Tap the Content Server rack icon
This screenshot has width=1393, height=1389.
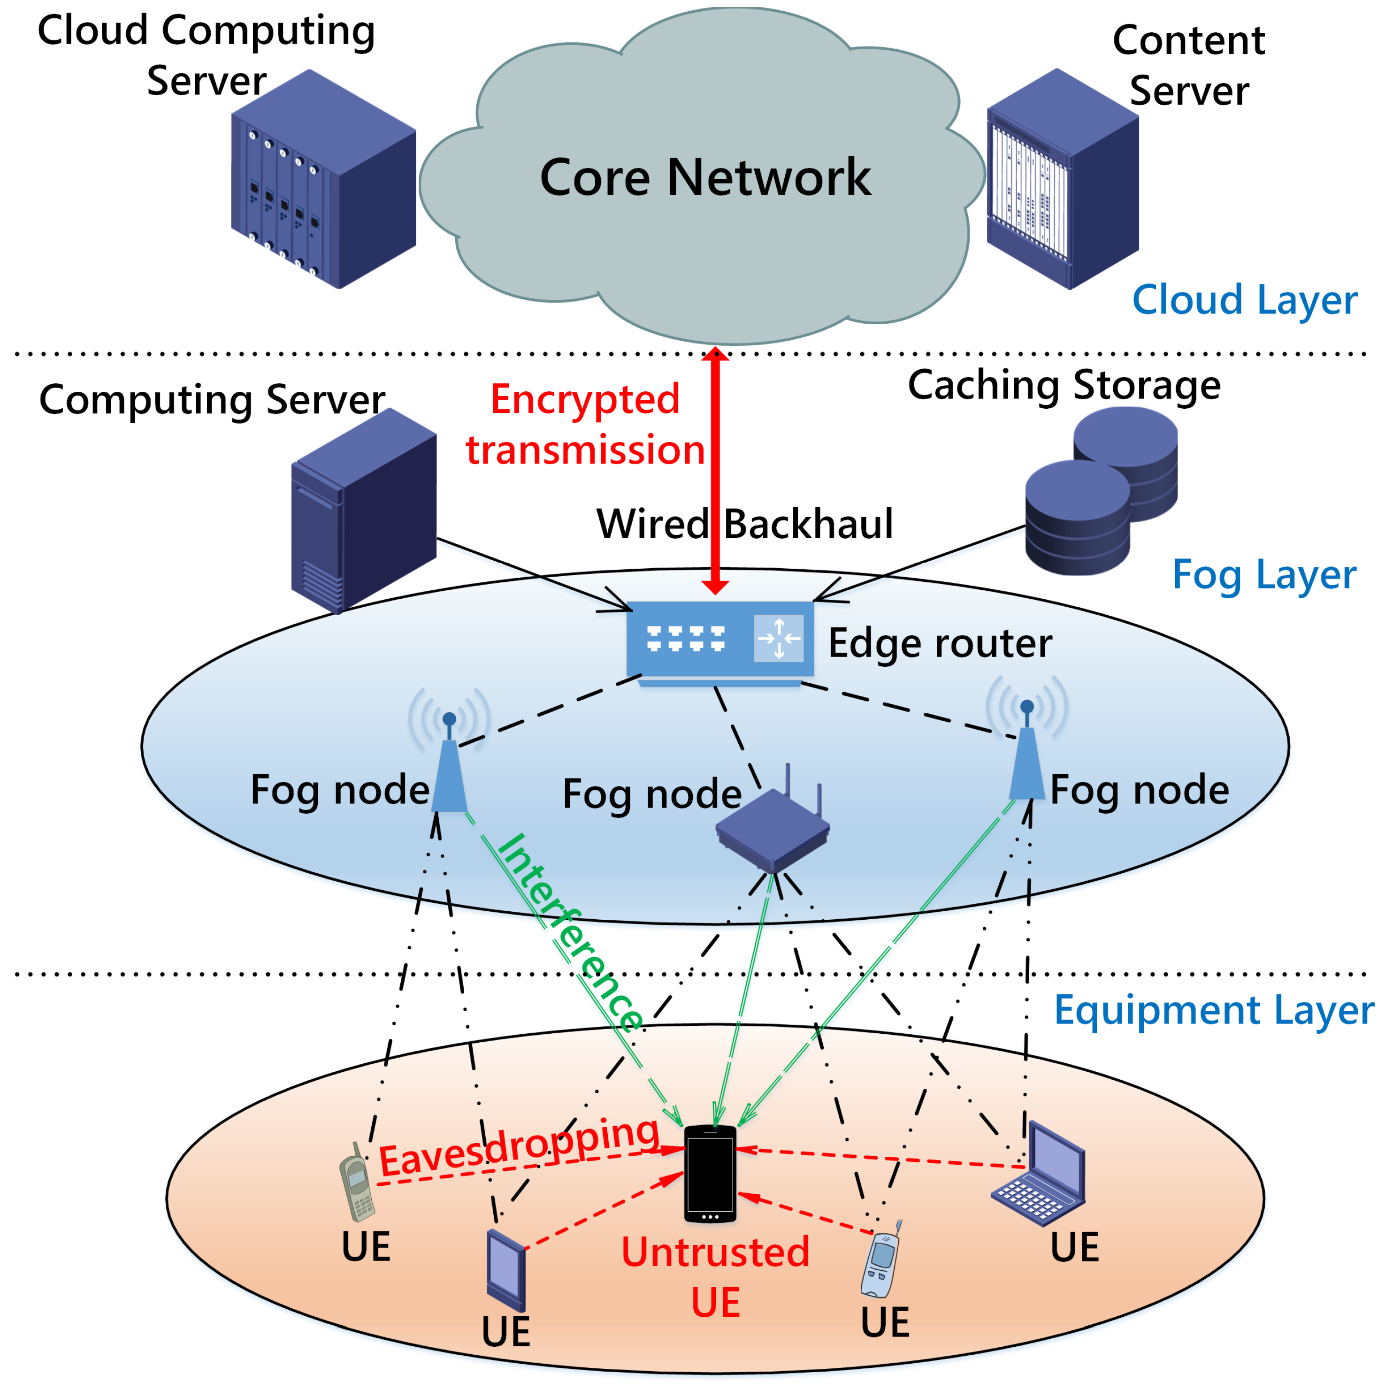click(1062, 180)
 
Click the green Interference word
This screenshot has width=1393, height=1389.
click(570, 933)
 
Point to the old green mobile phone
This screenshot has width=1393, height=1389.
click(357, 1182)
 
